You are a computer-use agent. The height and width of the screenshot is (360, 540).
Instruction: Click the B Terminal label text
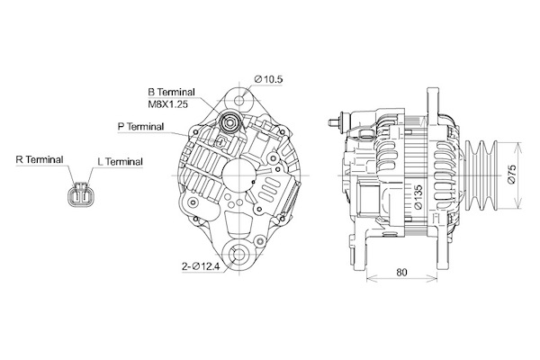[x=171, y=92]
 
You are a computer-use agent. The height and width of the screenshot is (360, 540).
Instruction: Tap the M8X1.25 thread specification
[x=167, y=104]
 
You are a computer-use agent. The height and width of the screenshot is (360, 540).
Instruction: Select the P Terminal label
[x=140, y=126]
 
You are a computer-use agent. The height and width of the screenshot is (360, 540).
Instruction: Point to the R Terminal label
[x=40, y=159]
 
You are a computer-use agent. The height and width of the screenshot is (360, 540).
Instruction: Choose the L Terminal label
[x=121, y=161]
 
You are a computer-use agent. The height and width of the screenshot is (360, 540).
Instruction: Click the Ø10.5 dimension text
[x=268, y=79]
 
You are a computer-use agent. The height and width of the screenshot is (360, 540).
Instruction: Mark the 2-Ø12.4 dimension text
[x=201, y=266]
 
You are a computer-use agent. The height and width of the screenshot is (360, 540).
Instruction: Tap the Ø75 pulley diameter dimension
[x=511, y=175]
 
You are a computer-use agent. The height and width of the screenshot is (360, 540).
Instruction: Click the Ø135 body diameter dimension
[x=418, y=197]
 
